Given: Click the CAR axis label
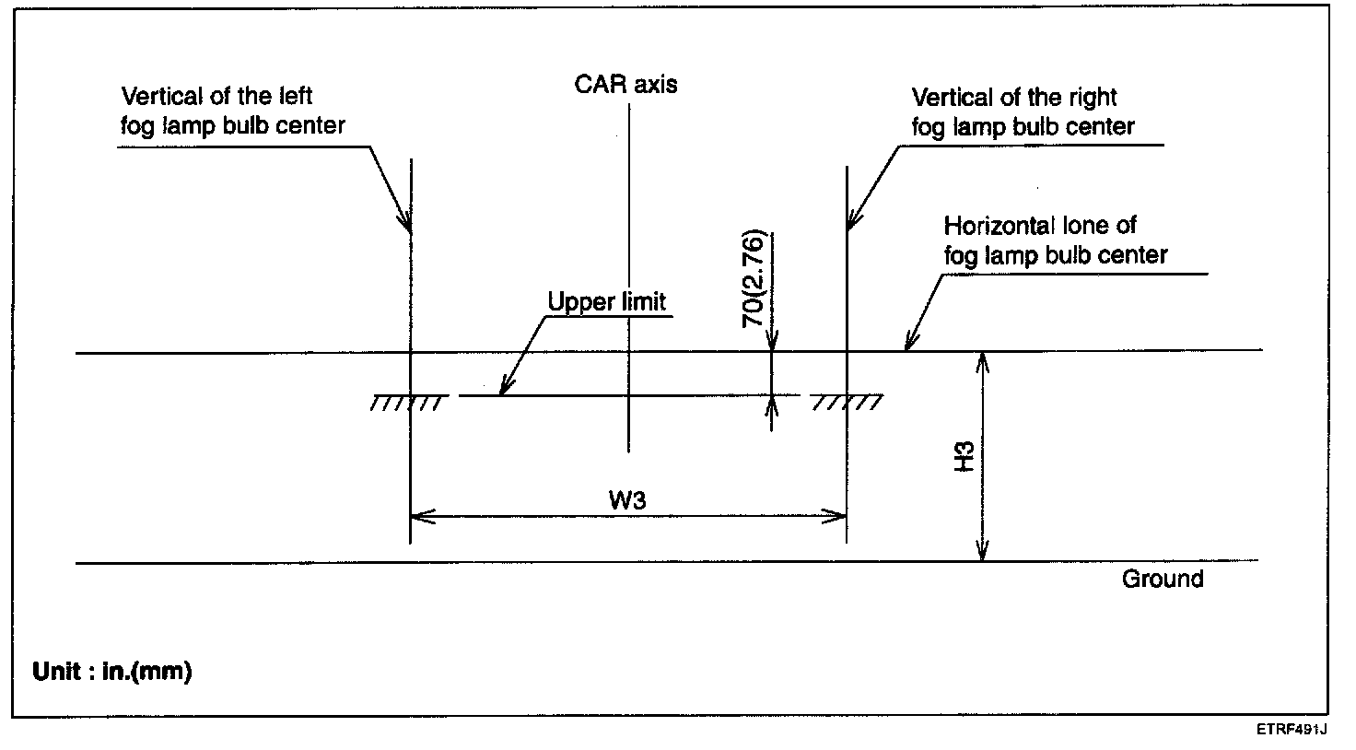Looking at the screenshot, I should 625,85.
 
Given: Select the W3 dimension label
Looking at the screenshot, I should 626,500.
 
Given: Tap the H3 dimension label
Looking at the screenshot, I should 964,457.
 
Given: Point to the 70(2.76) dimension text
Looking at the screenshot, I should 753,277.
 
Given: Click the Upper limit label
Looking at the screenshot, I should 606,302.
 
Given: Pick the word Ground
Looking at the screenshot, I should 1163,579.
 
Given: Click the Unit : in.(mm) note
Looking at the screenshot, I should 111,672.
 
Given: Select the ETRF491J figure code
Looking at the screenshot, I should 1291,730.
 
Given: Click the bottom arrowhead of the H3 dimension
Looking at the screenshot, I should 983,553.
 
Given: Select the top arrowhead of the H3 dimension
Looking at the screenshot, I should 983,359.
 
